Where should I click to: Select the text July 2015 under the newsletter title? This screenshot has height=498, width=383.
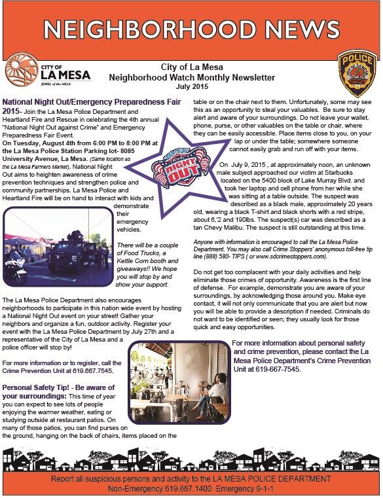click(191, 86)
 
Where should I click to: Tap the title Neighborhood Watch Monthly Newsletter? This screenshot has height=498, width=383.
click(191, 77)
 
